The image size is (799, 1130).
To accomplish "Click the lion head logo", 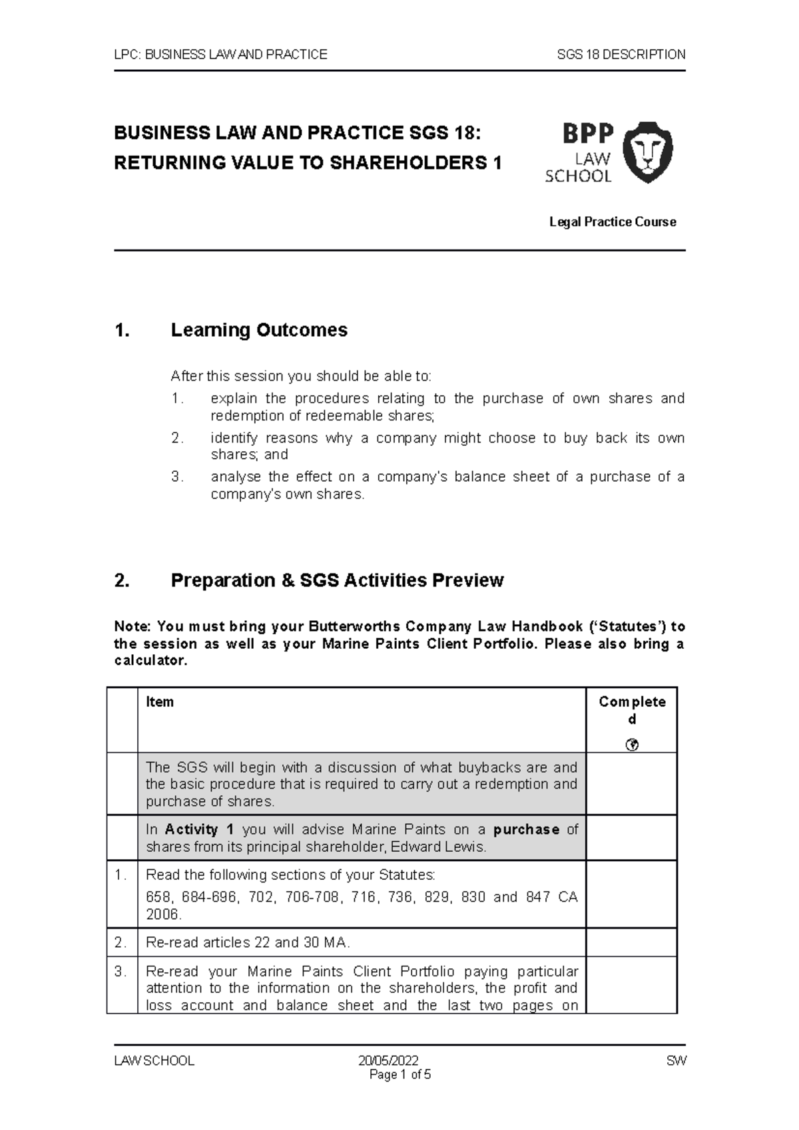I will coord(647,152).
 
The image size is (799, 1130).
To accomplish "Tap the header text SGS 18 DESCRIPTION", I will coord(621,55).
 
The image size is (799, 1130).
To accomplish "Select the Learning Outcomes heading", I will coord(259,330).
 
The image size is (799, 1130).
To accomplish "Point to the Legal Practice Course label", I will coord(612,222).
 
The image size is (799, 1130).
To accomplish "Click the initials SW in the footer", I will coord(676,1061).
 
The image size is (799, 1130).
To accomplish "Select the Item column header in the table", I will coord(160,702).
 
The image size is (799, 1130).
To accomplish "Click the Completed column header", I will coord(631,710).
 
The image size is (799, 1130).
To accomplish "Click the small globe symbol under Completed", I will coord(632,745).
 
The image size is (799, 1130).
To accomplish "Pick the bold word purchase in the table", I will coord(526,830).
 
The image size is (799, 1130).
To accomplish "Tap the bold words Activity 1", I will coord(200,830).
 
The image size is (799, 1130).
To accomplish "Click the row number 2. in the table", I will coord(121,943).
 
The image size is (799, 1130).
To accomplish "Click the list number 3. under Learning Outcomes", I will coord(176,477).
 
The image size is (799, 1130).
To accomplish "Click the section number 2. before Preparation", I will coord(121,580).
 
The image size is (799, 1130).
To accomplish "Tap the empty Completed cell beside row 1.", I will coord(631,894).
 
